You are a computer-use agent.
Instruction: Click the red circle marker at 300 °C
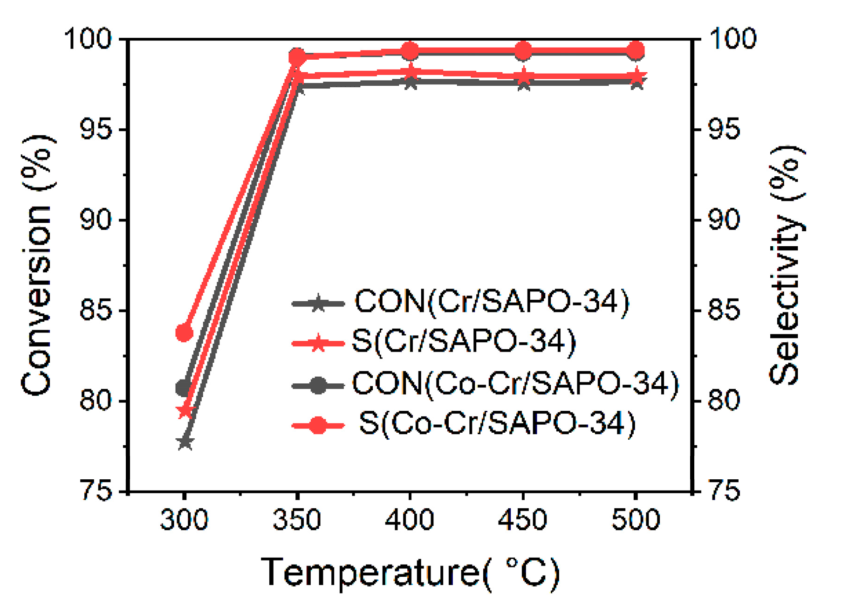[185, 332]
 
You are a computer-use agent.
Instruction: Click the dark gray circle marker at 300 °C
[184, 387]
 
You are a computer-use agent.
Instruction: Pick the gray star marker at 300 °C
[185, 442]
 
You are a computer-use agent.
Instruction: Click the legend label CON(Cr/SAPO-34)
[492, 302]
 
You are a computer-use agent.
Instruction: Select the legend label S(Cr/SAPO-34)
[464, 341]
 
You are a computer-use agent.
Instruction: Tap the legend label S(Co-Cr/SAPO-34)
[497, 424]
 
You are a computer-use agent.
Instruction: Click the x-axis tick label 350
[297, 519]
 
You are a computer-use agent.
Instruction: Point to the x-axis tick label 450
[523, 519]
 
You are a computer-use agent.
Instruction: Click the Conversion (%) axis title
[37, 266]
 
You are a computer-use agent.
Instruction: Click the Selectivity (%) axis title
[787, 266]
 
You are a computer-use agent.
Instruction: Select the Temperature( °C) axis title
[410, 573]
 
